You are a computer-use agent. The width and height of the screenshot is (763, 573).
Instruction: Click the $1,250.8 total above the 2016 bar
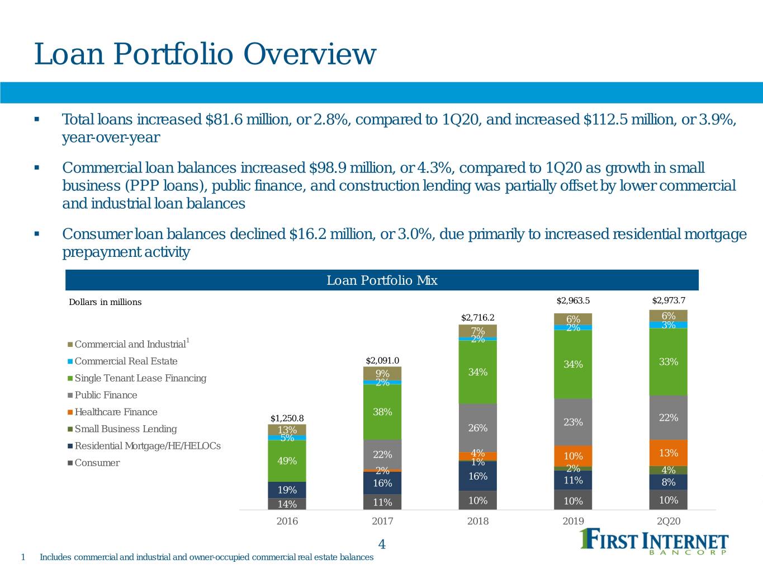pos(287,418)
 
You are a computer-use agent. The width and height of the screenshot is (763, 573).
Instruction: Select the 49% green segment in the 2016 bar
pos(287,461)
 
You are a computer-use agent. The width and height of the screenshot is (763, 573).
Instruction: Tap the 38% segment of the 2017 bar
pos(382,412)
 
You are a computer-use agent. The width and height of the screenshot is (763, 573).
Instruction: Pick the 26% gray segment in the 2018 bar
pos(477,428)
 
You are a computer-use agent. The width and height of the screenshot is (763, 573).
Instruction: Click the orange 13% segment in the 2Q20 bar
pos(669,453)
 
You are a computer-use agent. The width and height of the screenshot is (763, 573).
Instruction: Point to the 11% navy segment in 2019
pos(573,480)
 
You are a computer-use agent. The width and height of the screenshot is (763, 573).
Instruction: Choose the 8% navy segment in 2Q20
pos(669,482)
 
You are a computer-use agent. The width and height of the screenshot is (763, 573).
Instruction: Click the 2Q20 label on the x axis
pos(669,521)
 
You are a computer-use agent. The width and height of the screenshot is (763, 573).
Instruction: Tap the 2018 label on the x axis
pos(477,521)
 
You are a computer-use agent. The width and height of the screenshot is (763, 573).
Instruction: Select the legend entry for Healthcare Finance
pos(112,412)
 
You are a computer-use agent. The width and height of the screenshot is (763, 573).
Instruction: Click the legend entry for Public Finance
pos(102,395)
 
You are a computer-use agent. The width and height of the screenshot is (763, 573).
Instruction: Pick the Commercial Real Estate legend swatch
pos(70,361)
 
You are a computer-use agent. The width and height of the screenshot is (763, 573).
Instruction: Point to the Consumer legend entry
pos(94,463)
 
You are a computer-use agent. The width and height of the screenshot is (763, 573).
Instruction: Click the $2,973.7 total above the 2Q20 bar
pos(669,300)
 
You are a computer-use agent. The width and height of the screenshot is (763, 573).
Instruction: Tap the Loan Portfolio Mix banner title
pos(382,280)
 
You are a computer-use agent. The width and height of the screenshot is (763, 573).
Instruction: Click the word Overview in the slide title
pos(310,54)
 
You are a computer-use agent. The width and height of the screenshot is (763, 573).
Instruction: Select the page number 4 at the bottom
pos(382,544)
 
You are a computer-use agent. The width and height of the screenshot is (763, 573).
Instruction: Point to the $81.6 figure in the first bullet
pos(225,119)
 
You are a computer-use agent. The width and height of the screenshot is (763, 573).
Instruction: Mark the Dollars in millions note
pos(105,302)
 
